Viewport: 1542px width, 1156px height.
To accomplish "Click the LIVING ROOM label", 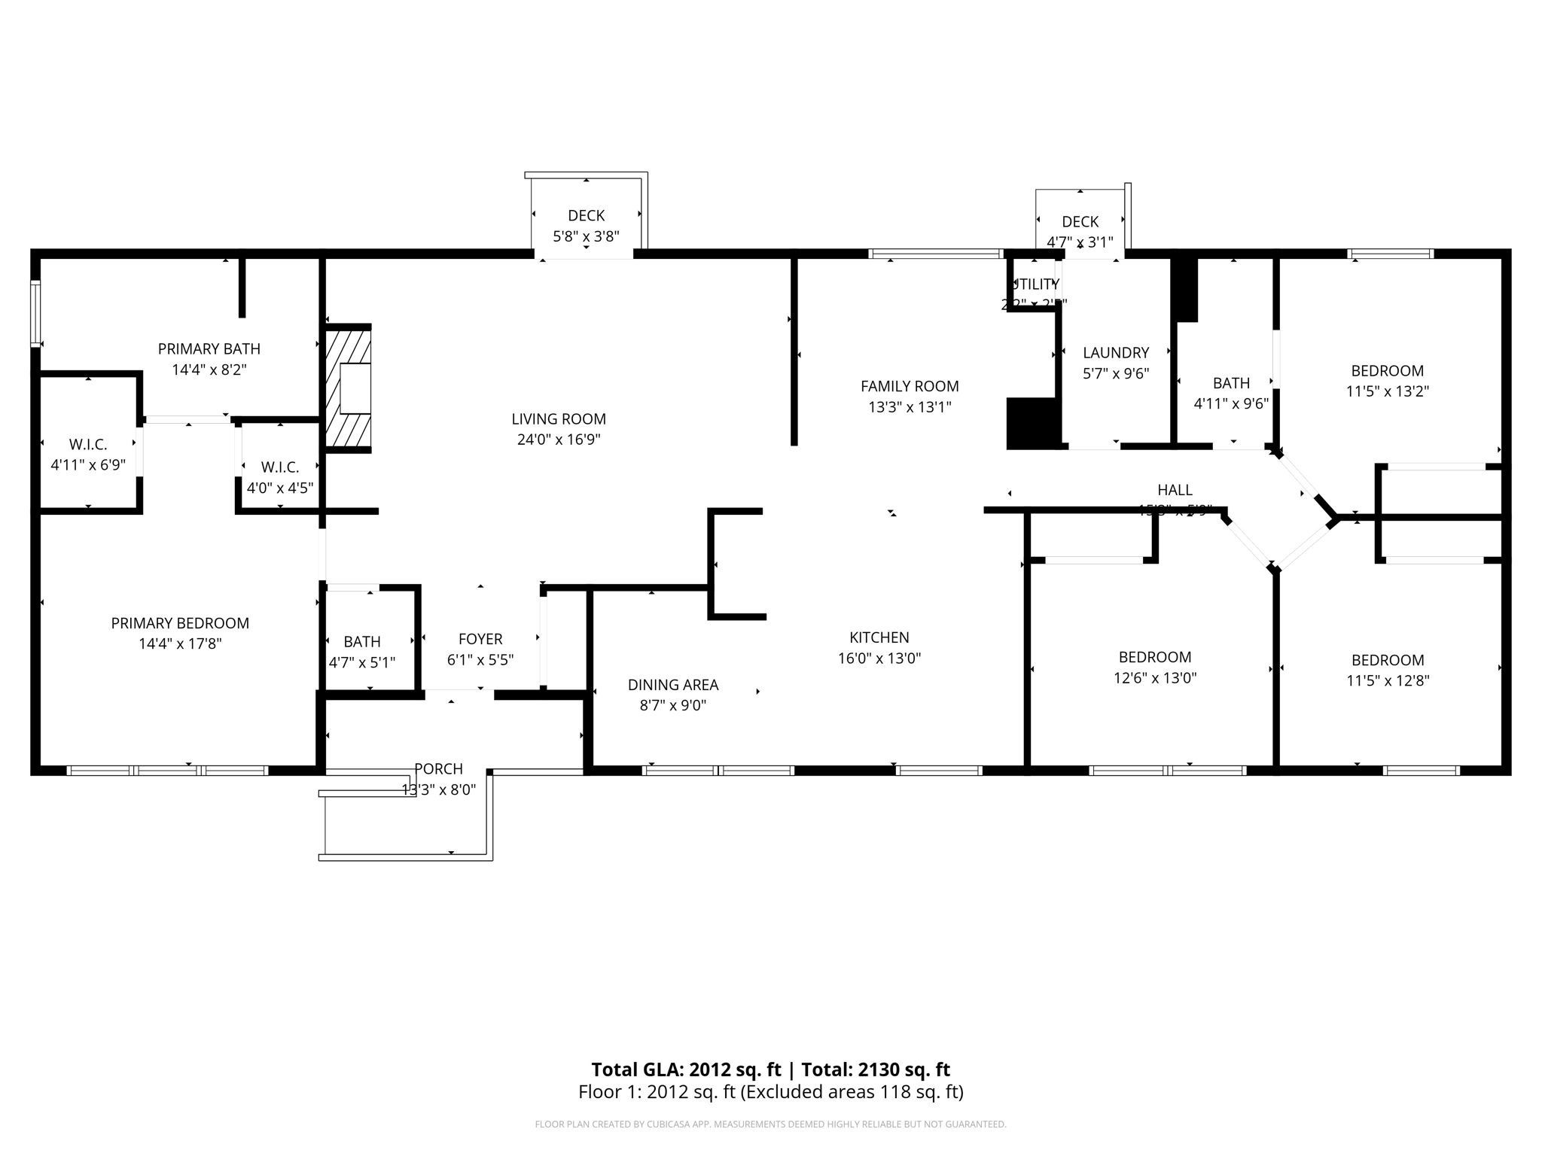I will [x=559, y=419].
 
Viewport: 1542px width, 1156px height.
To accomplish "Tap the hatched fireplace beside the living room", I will [x=348, y=388].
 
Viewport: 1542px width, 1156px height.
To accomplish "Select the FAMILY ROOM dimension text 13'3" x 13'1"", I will [x=910, y=407].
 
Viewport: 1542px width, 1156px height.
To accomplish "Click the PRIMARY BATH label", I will [x=209, y=349].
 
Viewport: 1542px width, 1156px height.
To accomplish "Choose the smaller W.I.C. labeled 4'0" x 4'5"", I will [x=280, y=478].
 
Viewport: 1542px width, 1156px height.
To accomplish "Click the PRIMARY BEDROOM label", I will [x=180, y=623].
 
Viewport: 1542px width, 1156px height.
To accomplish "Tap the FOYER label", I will [x=480, y=639].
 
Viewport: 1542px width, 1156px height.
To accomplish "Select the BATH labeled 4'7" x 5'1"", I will [x=362, y=652].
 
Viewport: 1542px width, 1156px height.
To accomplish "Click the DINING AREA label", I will [x=673, y=685].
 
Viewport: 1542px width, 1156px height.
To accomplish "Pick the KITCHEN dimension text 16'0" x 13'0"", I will [x=879, y=659].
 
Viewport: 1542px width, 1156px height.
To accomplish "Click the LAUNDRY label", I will [x=1116, y=353].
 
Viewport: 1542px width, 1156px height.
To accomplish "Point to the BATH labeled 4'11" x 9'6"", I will [x=1231, y=393].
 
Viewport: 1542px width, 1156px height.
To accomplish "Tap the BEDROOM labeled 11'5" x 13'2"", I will [x=1387, y=381].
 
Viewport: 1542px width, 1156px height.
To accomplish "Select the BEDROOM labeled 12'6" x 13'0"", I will [x=1155, y=667].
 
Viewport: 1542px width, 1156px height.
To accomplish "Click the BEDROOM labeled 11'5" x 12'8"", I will [x=1388, y=670].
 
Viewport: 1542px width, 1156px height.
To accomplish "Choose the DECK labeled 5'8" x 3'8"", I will [x=586, y=226].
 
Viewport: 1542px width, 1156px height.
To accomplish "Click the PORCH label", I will [x=438, y=769].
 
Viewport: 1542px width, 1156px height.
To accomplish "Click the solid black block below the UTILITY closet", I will [x=1032, y=424].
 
